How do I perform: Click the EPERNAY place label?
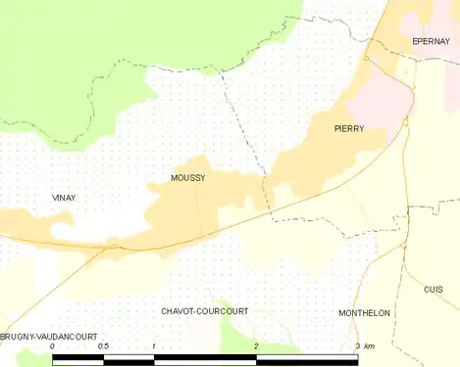click(431, 42)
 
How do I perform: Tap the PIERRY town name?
click(349, 128)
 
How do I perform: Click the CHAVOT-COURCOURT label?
click(204, 311)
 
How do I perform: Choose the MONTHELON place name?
click(364, 313)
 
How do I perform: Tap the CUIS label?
click(433, 290)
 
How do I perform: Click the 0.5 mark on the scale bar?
click(103, 347)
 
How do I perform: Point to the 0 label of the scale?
click(52, 347)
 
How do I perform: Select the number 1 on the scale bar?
click(154, 347)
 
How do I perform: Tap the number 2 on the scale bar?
click(256, 347)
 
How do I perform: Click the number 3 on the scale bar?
click(357, 347)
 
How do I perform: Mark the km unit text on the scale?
click(370, 347)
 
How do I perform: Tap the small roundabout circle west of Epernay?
click(366, 59)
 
